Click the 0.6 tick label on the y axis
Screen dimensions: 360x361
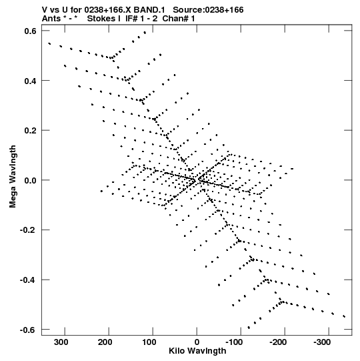[x=31, y=31]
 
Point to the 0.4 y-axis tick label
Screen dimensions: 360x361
[x=31, y=81]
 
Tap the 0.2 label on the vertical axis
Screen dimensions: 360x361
[x=31, y=131]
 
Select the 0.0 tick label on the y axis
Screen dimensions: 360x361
[x=31, y=180]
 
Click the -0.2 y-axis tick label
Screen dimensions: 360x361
[x=28, y=230]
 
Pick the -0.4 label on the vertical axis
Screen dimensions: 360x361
[x=28, y=280]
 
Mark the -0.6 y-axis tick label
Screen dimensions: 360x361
[x=28, y=330]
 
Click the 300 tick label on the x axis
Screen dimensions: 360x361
[x=61, y=342]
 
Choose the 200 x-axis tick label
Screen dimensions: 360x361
[x=105, y=342]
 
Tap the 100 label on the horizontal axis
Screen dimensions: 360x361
[x=149, y=342]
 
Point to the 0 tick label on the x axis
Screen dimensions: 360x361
[x=197, y=342]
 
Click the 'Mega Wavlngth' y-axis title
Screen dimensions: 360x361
[x=13, y=177]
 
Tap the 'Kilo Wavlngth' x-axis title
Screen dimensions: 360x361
[x=197, y=351]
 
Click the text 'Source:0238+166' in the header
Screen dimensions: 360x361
[x=208, y=10]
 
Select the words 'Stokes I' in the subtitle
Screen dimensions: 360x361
[x=104, y=19]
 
